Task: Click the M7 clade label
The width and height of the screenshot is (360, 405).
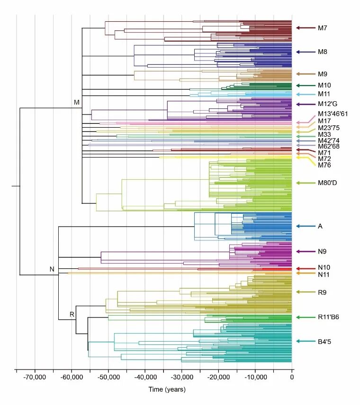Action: [323, 28]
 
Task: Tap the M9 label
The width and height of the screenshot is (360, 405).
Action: [323, 74]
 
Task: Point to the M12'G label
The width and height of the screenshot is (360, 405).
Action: [327, 104]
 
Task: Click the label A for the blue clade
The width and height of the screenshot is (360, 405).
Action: [320, 227]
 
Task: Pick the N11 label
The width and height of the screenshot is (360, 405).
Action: [324, 274]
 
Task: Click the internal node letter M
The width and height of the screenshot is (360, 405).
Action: [77, 102]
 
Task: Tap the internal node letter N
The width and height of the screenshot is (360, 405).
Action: [53, 269]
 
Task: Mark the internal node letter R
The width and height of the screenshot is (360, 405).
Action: [72, 314]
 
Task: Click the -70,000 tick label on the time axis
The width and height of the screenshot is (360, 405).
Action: [35, 378]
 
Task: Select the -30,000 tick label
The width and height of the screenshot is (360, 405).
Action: [181, 378]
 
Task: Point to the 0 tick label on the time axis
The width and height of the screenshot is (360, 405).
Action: [292, 378]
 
